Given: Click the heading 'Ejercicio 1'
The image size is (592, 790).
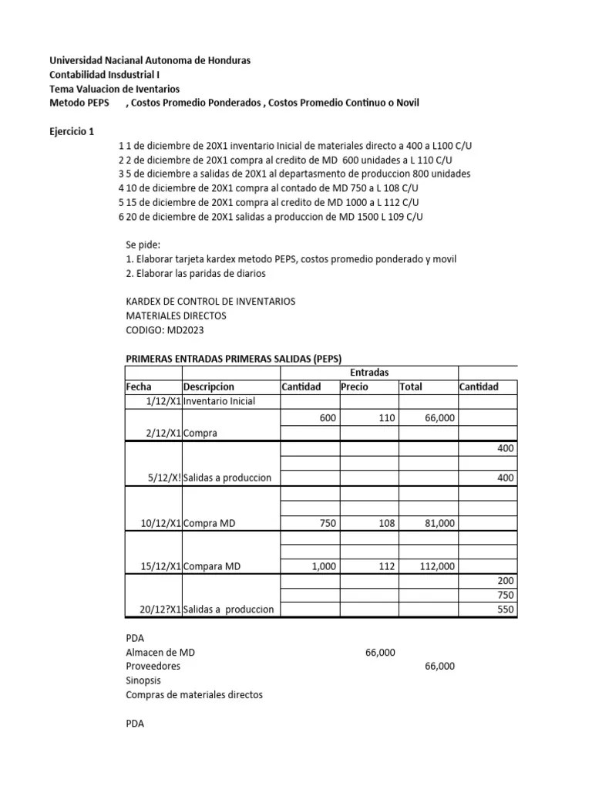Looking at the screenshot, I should point(75,131).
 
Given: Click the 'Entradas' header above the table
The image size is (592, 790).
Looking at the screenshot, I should point(368,372).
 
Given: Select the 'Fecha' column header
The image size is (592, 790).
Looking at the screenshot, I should point(139,387).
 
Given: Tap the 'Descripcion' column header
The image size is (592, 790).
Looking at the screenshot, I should point(209,387).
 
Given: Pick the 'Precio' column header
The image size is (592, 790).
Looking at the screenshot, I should point(355,387).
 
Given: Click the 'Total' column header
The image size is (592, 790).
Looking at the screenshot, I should point(411,387).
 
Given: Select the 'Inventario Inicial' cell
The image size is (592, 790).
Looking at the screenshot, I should point(220,401).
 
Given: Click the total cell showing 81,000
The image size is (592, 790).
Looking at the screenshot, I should point(439,522).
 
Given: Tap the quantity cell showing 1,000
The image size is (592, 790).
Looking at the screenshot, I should point(324,566).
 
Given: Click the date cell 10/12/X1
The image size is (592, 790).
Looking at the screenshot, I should point(160,522).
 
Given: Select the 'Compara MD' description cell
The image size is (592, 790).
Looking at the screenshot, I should point(213,566).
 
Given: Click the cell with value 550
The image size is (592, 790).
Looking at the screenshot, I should point(506,609).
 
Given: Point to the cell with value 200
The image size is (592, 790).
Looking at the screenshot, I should point(506,580).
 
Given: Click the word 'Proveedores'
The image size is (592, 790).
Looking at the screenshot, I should point(153,666).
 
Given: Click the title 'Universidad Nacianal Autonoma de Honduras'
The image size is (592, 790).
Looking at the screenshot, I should point(150,60).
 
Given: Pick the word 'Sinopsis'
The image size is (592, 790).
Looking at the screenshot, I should point(144,680).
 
